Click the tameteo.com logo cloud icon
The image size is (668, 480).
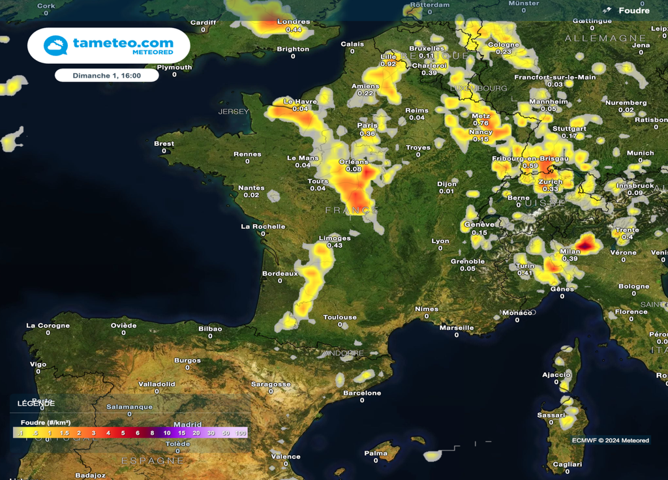click(55, 46)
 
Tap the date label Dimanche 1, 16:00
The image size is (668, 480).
click(107, 76)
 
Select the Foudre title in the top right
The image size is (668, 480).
click(633, 10)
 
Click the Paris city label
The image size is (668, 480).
click(367, 125)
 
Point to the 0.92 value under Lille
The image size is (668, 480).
click(388, 64)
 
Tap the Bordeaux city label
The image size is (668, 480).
click(280, 273)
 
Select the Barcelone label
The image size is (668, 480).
click(362, 393)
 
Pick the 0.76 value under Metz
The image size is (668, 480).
click(480, 123)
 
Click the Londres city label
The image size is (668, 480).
click(294, 22)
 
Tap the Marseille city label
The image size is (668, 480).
click(457, 327)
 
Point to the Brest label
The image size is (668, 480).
click(164, 143)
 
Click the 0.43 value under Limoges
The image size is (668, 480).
click(335, 245)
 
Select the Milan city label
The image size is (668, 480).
click(570, 251)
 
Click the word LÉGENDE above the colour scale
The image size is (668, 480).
click(37, 404)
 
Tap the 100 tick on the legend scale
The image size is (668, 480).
click(241, 433)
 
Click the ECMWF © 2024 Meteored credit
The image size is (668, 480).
click(610, 440)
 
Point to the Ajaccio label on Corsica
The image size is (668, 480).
click(556, 375)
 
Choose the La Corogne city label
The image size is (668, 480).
click(48, 325)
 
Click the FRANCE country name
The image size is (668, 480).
click(352, 210)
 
